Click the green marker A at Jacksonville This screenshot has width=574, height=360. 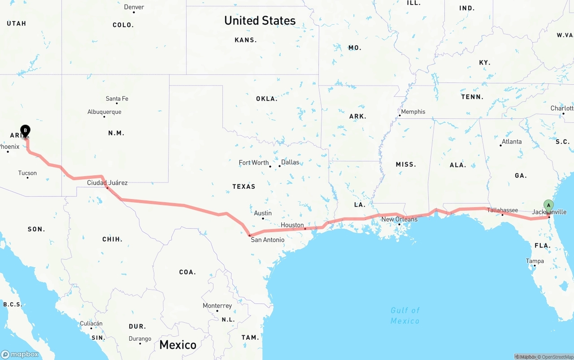pos(548,206)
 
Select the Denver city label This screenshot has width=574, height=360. pos(134,7)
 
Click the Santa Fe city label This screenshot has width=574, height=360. pos(117,99)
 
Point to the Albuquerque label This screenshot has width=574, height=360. pos(104,112)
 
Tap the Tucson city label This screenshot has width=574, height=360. pos(27,173)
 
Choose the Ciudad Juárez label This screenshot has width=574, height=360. pos(107,182)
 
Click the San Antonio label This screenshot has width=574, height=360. pos(267,240)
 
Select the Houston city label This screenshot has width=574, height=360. pos(292,225)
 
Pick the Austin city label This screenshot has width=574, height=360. pos(263,213)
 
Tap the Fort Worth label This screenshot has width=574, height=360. pos(254,163)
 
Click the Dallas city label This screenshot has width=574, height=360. pos(290,162)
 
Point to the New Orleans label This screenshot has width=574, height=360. pos(399,219)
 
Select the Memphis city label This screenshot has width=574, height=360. pos(413,112)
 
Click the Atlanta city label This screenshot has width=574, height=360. pos(512,142)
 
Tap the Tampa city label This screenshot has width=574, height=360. pos(535,261)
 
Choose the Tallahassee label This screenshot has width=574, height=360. pos(502,210)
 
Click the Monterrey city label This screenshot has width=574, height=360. pos(217,306)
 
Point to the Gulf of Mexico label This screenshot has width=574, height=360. pos(405,316)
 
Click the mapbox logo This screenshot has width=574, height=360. pos(20,354)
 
